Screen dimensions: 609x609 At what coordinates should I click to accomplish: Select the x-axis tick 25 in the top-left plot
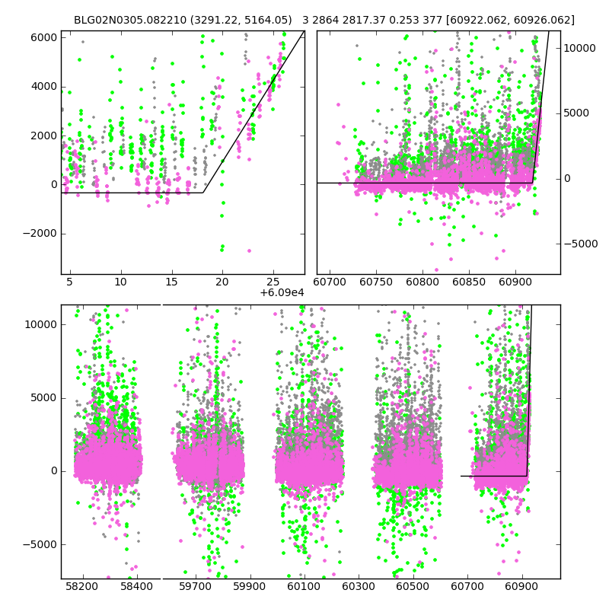click(273, 282)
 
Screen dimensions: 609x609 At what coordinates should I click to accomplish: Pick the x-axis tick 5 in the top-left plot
click(69, 282)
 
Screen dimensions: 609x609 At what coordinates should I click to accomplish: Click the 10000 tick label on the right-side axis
click(582, 48)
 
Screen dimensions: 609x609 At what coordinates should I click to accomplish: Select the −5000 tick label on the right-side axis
click(582, 244)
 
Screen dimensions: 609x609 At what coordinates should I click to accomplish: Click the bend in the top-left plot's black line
click(203, 193)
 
